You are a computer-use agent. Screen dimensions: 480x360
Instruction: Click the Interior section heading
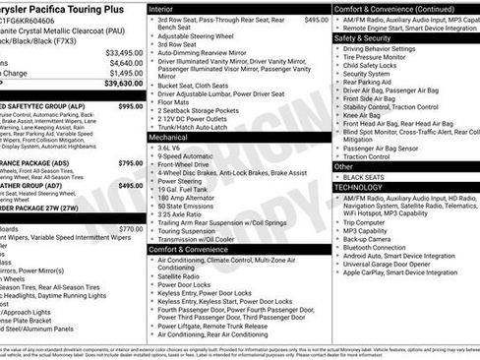coord(163,8)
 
